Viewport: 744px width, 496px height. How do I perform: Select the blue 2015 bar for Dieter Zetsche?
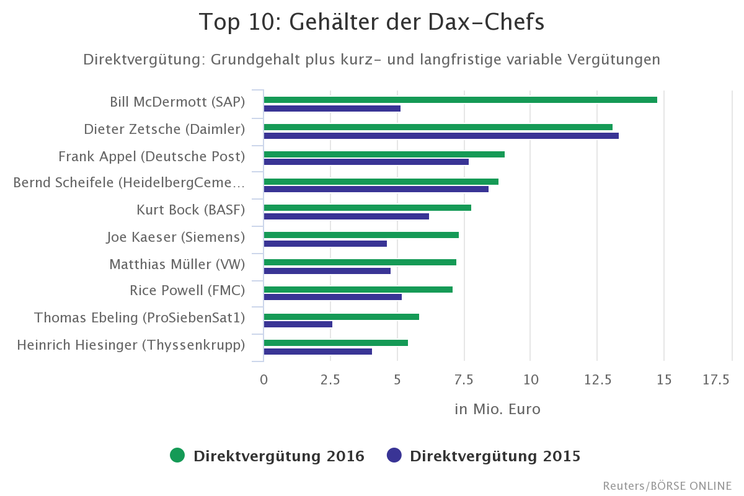click(x=441, y=136)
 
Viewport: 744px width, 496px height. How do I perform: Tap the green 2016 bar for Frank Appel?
click(x=384, y=154)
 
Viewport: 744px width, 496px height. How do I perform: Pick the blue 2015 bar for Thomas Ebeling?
click(x=298, y=324)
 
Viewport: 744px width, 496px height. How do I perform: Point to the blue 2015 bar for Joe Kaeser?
click(x=325, y=244)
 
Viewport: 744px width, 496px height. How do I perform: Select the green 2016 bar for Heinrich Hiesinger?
click(x=335, y=343)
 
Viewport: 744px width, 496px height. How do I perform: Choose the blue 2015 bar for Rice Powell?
click(x=332, y=297)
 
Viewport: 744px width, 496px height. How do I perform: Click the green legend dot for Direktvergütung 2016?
click(x=177, y=456)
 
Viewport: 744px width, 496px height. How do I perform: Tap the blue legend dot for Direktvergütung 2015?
click(x=394, y=456)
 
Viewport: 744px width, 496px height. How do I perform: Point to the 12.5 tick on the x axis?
click(x=596, y=380)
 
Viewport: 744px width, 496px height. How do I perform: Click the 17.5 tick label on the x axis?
click(x=716, y=380)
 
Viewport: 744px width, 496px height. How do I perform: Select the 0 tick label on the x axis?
click(x=264, y=380)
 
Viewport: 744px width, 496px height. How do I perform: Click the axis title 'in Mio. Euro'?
click(x=497, y=409)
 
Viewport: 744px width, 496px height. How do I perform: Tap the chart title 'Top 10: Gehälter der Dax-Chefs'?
click(x=371, y=22)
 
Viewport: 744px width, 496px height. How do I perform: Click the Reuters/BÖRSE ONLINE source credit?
click(x=667, y=485)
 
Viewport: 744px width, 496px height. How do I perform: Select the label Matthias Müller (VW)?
click(x=177, y=265)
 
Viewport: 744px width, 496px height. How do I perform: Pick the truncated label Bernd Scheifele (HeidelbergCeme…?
click(x=129, y=183)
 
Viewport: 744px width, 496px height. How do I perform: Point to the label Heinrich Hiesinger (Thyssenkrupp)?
click(x=131, y=345)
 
